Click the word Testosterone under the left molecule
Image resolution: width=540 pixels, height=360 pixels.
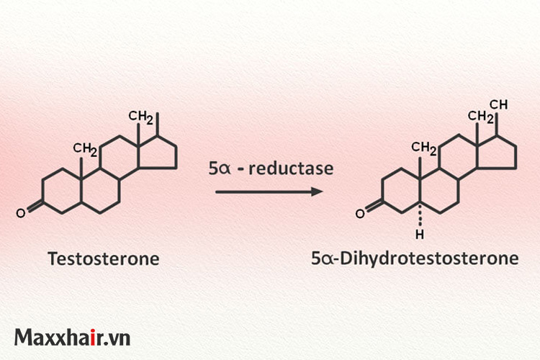(x=104, y=258)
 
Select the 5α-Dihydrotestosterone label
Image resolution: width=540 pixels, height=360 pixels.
(x=415, y=258)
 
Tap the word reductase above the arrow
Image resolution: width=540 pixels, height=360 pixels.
(x=292, y=168)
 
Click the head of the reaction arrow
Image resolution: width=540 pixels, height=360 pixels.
(x=317, y=192)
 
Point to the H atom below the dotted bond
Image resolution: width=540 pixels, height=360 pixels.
(x=420, y=235)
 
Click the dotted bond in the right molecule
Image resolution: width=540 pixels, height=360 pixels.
(x=420, y=216)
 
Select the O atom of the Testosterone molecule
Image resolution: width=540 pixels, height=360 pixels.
(x=21, y=214)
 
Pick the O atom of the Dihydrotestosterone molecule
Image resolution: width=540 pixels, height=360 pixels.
(x=360, y=214)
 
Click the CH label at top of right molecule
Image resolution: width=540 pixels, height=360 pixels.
(x=498, y=104)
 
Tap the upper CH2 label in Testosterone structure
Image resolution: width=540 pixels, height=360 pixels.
(x=140, y=117)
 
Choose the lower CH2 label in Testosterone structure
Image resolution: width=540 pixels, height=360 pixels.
(x=85, y=149)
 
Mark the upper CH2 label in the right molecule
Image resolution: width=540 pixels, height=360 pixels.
(x=480, y=117)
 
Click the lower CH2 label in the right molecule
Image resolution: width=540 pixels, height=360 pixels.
(x=424, y=148)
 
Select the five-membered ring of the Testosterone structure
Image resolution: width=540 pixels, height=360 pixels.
(x=157, y=153)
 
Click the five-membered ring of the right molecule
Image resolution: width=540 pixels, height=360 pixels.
(x=497, y=153)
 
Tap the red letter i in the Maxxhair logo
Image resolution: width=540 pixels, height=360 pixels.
(x=93, y=337)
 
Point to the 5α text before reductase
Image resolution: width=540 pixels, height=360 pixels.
(x=219, y=168)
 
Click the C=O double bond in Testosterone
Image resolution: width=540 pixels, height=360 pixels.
(x=35, y=207)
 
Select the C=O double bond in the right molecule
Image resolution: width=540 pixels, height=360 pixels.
(x=374, y=207)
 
